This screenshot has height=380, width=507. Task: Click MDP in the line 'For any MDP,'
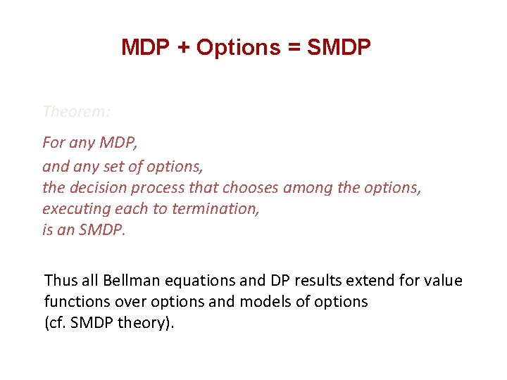[118, 142]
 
